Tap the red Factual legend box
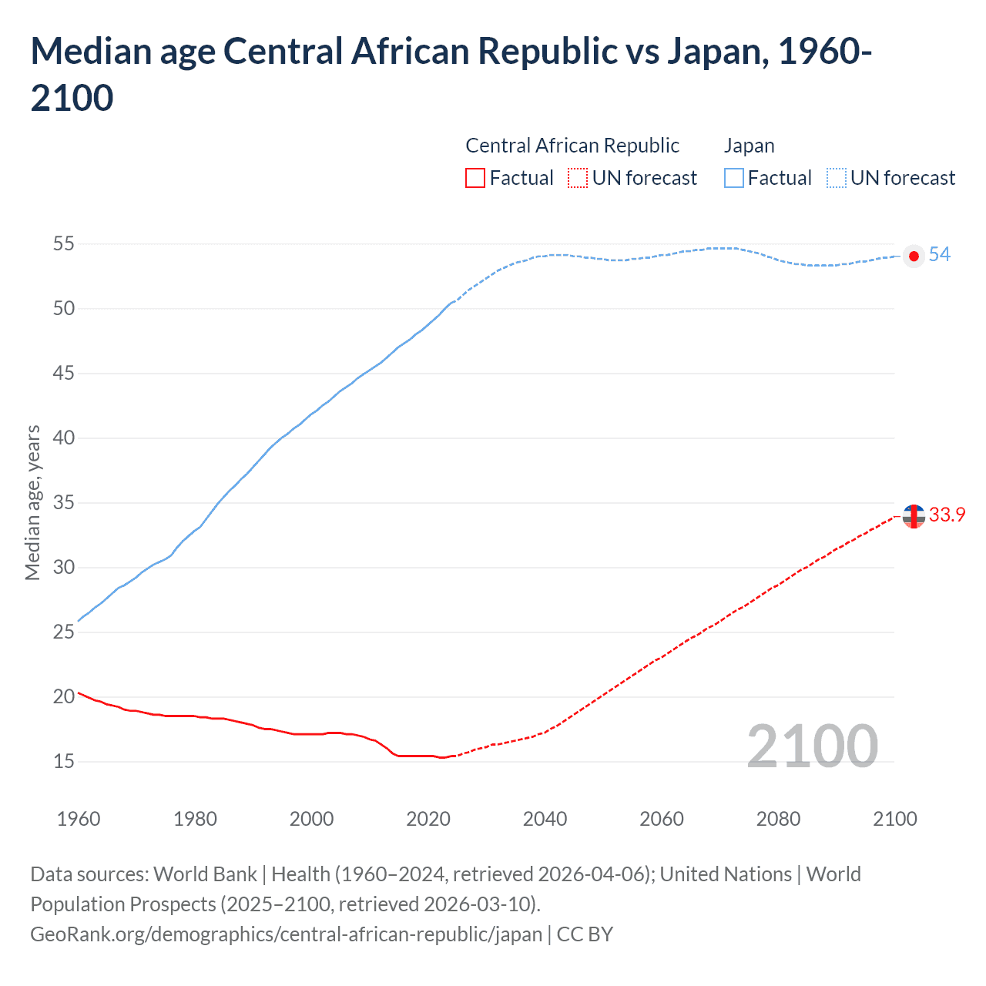click(x=475, y=178)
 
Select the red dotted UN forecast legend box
click(x=578, y=178)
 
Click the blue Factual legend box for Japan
click(x=734, y=178)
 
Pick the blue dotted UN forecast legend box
click(x=837, y=178)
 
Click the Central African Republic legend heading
click(x=572, y=146)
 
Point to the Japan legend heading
click(x=749, y=146)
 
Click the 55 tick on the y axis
click(x=63, y=244)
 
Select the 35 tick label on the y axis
click(x=63, y=503)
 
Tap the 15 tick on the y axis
click(x=63, y=762)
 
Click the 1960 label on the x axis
click(x=79, y=819)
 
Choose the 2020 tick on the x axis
click(x=428, y=819)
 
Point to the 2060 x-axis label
click(x=662, y=819)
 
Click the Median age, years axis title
click(x=32, y=502)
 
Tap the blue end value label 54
click(x=939, y=255)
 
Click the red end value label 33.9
click(x=947, y=515)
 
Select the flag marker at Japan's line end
click(x=914, y=256)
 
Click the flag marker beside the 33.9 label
click(x=914, y=516)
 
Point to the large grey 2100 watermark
click(x=812, y=746)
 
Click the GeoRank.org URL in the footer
click(x=286, y=934)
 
